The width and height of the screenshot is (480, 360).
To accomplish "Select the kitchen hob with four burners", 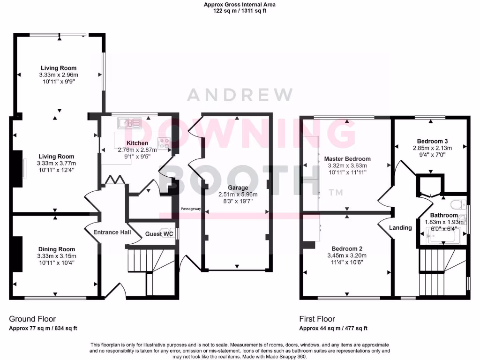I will [164, 143].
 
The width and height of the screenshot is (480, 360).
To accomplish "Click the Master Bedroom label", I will [347, 159].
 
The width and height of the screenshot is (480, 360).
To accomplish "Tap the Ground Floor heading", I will [30, 319].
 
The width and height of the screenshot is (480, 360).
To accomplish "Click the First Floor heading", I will [317, 319].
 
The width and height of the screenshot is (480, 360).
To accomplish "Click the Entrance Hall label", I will [112, 232].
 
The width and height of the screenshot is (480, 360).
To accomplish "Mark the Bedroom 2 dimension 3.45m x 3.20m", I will [347, 255].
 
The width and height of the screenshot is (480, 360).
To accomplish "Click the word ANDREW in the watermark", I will [240, 95].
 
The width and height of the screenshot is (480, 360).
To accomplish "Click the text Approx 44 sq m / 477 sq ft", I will [333, 328].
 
